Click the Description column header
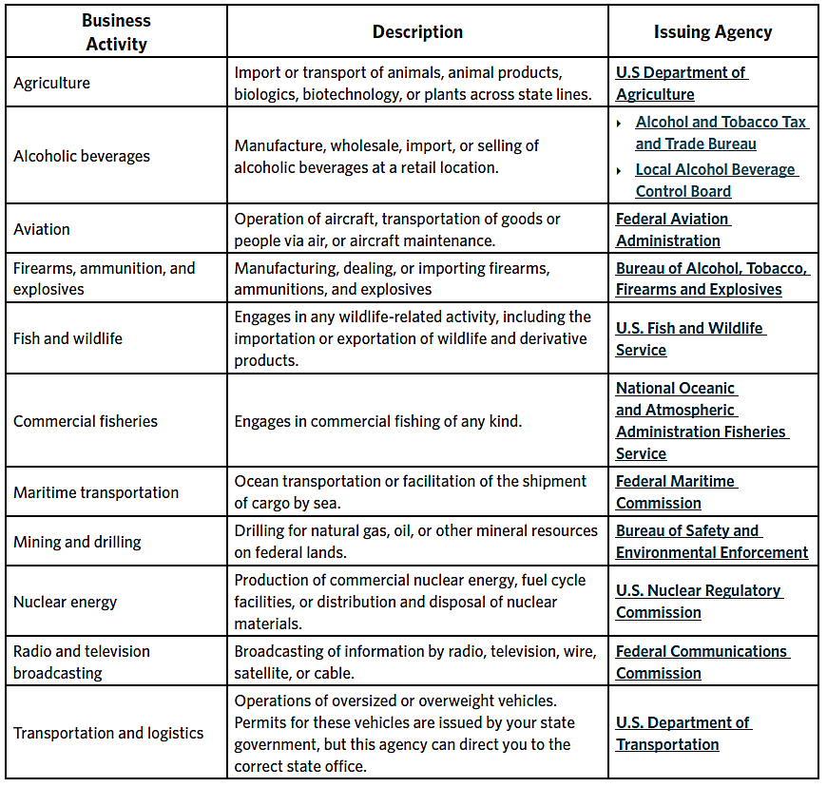[x=417, y=32]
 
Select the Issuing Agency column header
[x=712, y=32]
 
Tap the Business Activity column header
[x=116, y=32]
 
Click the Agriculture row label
[x=52, y=83]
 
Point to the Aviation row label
[x=42, y=229]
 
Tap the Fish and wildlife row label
[x=67, y=338]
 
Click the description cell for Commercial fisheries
[x=377, y=421]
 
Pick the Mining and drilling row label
[x=77, y=542]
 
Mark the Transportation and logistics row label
[x=108, y=733]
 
